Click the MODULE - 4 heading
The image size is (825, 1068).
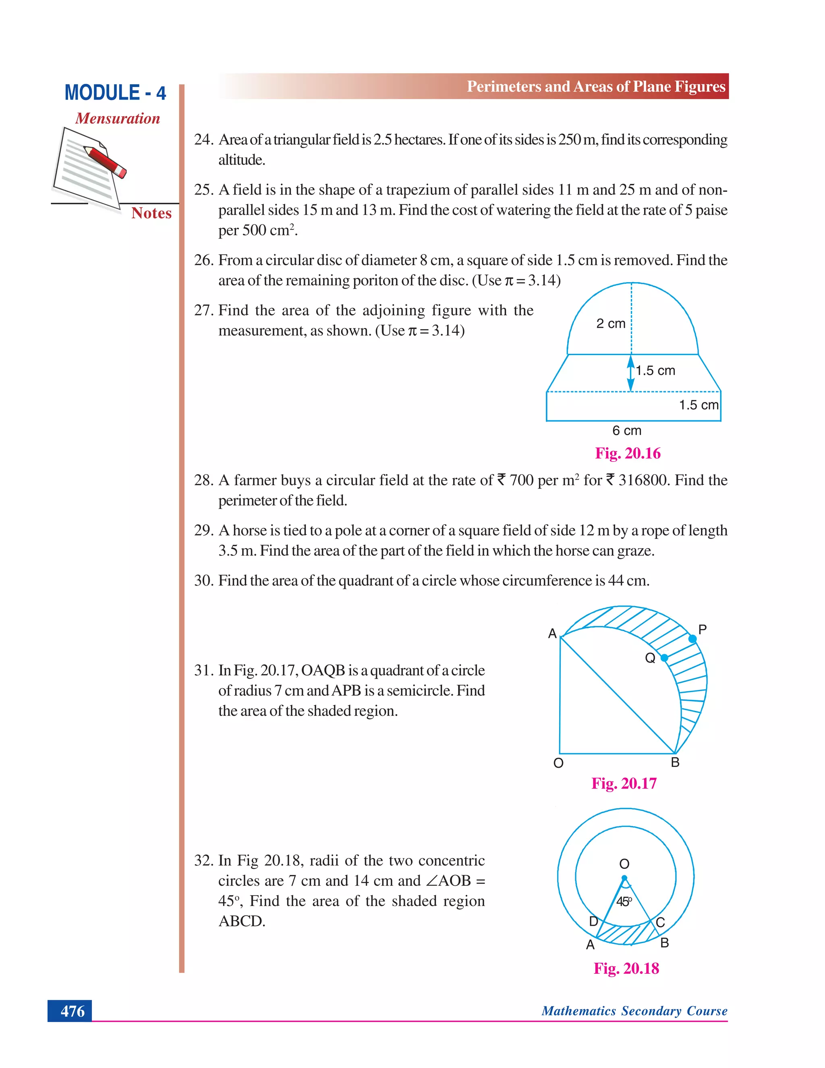[x=115, y=93]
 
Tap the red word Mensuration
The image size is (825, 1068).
[x=117, y=118]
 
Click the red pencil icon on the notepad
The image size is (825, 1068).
[x=105, y=161]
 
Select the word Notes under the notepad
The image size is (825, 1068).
[x=151, y=213]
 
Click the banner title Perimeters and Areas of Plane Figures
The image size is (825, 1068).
[x=596, y=87]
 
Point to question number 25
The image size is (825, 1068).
[x=203, y=190]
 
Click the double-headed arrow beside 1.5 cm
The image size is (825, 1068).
[x=631, y=374]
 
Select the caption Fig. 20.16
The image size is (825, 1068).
[x=628, y=453]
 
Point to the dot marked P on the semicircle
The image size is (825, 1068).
[x=692, y=639]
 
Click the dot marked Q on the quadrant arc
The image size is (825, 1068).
[x=664, y=658]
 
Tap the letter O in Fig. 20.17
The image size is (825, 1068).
[x=558, y=763]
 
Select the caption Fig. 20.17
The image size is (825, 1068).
[x=624, y=783]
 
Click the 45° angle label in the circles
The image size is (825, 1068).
[x=624, y=901]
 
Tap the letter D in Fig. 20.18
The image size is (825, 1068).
[x=593, y=922]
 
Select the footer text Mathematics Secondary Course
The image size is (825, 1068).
[x=634, y=1011]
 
